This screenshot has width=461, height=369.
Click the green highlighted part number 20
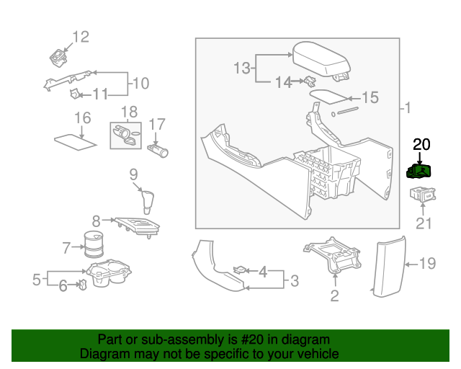pos(419,171)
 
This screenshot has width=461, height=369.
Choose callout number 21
pos(424,223)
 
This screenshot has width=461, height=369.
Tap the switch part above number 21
pos(421,193)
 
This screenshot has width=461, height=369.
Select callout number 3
pos(294,280)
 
